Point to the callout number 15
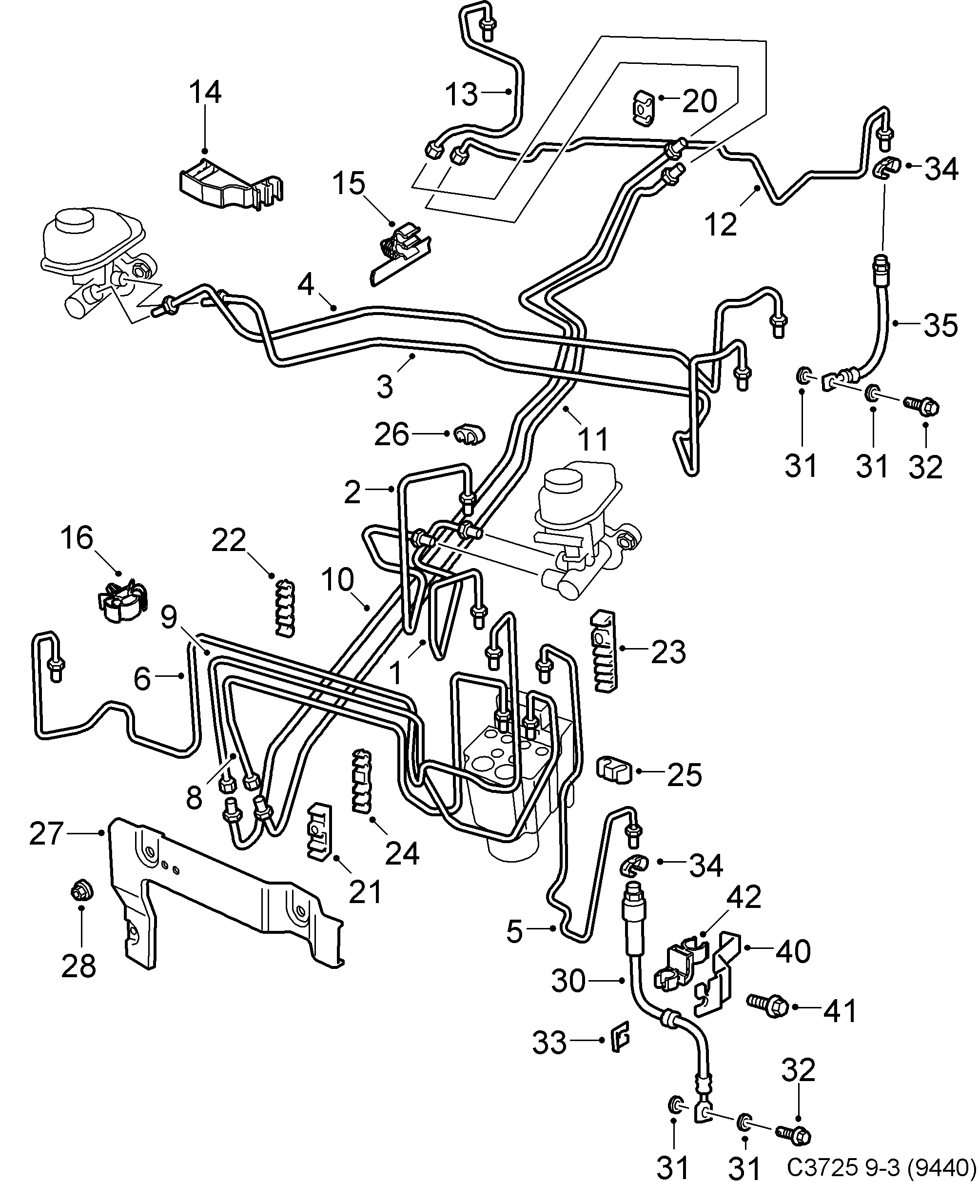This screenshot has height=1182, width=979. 348,184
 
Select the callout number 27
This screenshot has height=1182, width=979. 45,833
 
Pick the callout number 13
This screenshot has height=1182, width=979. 461,94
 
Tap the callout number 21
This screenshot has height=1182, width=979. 366,891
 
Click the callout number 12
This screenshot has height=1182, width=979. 721,225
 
